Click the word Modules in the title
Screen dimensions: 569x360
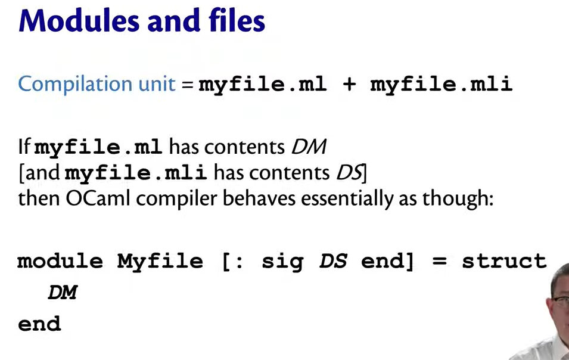pyautogui.click(x=79, y=20)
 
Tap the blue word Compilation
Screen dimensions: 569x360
pyautogui.click(x=75, y=84)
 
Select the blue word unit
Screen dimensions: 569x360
pyautogui.click(x=157, y=83)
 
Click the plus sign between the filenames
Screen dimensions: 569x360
pyautogui.click(x=349, y=84)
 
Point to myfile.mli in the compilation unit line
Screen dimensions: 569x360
pyautogui.click(x=441, y=85)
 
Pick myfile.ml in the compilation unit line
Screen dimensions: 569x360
pyautogui.click(x=262, y=85)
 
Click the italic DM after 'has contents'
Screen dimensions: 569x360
pyautogui.click(x=309, y=147)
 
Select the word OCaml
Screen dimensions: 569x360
pyautogui.click(x=98, y=198)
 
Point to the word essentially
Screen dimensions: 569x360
pyautogui.click(x=347, y=199)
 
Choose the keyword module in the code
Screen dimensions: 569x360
pyautogui.click(x=60, y=261)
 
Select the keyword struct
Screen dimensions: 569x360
pyautogui.click(x=504, y=261)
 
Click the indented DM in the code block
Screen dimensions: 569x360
pyautogui.click(x=63, y=292)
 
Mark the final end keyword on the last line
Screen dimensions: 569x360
pyautogui.click(x=39, y=324)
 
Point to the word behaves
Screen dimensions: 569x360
pyautogui.click(x=259, y=198)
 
